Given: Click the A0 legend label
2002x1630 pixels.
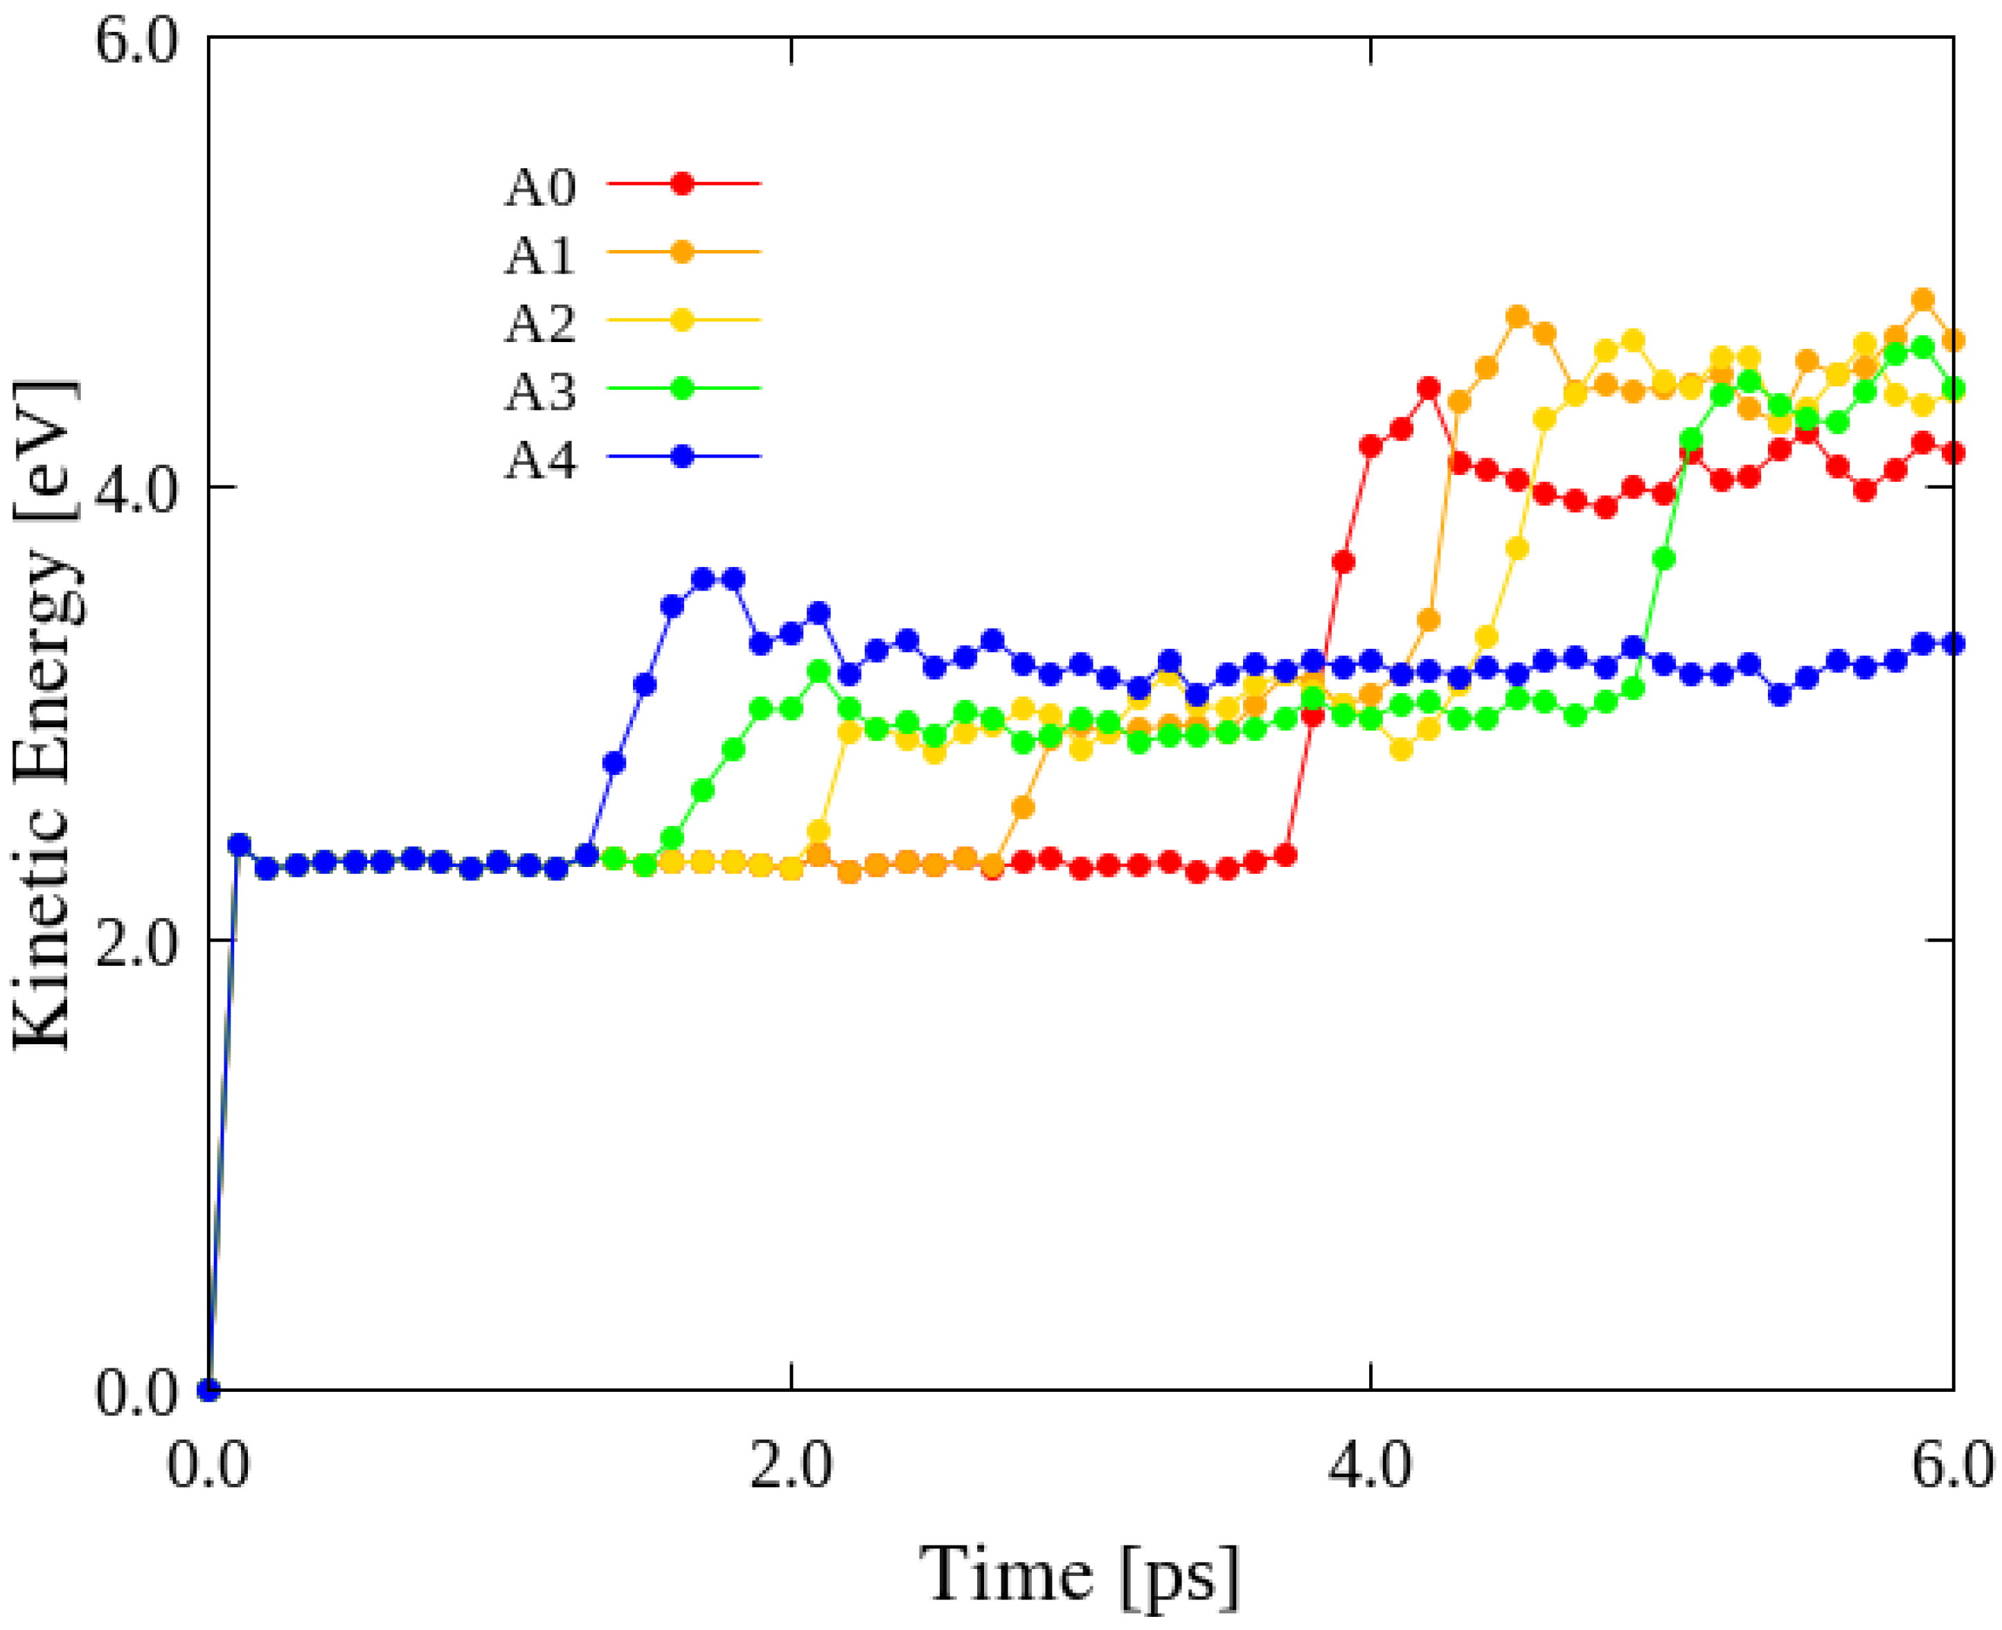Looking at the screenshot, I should (x=540, y=187).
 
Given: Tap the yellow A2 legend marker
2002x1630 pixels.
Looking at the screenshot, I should (x=683, y=320).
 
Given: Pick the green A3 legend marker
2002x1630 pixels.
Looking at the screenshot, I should (x=683, y=388).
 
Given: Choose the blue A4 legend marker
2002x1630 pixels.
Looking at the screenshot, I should (x=683, y=457).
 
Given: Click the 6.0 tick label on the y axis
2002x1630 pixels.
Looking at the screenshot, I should (x=137, y=42).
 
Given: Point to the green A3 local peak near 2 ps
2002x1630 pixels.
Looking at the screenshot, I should (x=819, y=672).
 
